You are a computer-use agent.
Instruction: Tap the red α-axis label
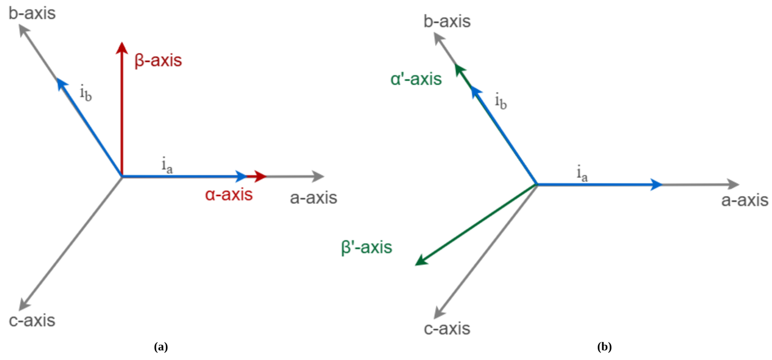(229, 195)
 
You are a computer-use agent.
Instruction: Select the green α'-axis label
(416, 79)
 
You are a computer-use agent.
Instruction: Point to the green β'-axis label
(367, 248)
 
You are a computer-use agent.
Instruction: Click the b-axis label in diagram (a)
(32, 14)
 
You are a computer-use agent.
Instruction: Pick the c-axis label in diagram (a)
(32, 320)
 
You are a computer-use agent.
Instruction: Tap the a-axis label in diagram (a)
(313, 198)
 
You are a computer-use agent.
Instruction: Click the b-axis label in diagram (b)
(447, 21)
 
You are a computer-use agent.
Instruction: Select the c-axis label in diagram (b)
(447, 329)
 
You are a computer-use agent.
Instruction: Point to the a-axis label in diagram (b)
(745, 200)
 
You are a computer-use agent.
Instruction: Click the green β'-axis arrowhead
(421, 260)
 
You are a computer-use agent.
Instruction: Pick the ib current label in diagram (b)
(501, 101)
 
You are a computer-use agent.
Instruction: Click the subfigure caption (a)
(161, 347)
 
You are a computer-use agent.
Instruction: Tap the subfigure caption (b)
(605, 347)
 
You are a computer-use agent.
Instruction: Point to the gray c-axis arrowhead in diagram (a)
(24, 305)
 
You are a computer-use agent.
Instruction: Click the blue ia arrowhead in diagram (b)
(656, 184)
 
